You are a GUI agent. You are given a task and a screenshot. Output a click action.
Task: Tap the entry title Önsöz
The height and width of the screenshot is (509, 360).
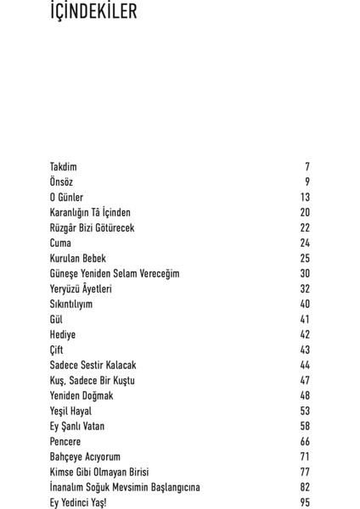click(61, 182)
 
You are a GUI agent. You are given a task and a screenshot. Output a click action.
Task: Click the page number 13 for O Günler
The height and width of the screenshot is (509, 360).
click(305, 198)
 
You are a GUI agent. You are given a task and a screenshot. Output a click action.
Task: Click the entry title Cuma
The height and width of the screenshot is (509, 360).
click(60, 243)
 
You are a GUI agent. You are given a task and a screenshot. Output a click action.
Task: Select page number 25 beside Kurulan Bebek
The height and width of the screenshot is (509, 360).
click(305, 259)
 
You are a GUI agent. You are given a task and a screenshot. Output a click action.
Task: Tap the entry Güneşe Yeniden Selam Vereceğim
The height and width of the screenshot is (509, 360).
click(115, 274)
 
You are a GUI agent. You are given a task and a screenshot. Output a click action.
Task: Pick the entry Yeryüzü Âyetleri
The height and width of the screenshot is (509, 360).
click(81, 289)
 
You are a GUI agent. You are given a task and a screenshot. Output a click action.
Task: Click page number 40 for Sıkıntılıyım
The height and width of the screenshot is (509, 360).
click(305, 305)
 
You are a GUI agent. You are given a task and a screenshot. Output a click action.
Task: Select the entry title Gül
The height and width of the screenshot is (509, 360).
click(56, 320)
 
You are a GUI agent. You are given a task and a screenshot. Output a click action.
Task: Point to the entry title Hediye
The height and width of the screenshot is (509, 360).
click(63, 335)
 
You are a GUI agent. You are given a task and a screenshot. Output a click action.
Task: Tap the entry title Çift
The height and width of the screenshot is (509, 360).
click(57, 350)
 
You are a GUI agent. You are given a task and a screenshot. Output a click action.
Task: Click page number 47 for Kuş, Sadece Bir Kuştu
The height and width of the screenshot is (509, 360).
click(305, 381)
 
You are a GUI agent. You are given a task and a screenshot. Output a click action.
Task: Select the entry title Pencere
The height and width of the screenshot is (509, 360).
click(65, 442)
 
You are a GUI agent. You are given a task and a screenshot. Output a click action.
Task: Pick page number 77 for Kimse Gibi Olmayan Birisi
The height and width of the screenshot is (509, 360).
click(305, 473)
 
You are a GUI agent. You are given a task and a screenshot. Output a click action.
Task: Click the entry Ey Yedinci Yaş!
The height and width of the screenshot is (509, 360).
click(78, 503)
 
